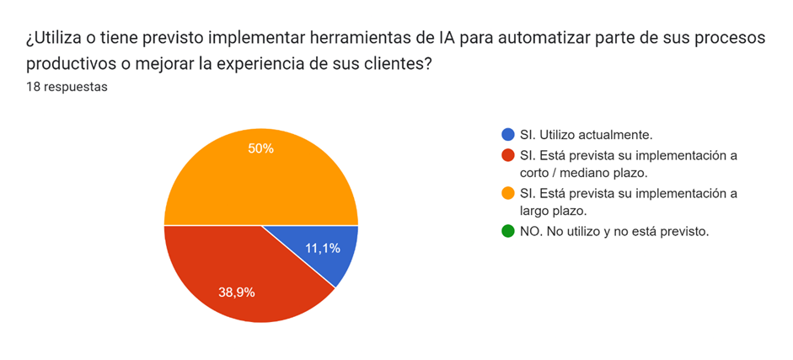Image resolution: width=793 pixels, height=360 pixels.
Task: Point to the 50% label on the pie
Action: point(260,148)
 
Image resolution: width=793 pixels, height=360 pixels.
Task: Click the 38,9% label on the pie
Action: point(237,293)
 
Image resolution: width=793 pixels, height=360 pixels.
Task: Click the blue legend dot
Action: point(507,134)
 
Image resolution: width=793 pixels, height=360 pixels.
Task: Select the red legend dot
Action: point(507,154)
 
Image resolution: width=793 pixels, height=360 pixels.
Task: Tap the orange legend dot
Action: point(507,193)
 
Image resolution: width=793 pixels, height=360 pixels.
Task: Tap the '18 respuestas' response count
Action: point(67,86)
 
